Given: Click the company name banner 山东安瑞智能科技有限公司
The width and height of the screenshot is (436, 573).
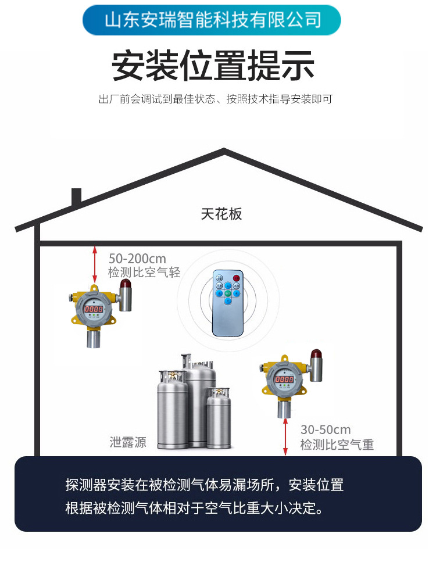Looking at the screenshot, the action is pos(212,20).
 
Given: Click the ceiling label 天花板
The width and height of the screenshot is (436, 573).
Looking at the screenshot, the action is pos(221,214).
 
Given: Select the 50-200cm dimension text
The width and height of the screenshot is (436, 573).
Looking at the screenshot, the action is pos(137,259).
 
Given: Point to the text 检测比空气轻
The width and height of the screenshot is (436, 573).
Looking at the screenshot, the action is pos(144,273).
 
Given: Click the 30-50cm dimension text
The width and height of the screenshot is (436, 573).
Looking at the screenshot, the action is pos(326,430).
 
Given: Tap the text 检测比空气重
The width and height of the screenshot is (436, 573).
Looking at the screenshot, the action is pos(337,445).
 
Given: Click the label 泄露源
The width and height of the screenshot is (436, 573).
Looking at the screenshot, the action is pos(128,442).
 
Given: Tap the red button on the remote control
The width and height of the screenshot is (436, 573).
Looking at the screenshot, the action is pos(237,278).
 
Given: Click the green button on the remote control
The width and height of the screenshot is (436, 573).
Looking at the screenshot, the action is pos(228,293).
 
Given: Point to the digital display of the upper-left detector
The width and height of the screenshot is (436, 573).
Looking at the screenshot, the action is pos(93,310).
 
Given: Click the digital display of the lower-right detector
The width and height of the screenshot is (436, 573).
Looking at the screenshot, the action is pos(284,379).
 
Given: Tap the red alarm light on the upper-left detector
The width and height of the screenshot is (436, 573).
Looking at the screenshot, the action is pos(125,284).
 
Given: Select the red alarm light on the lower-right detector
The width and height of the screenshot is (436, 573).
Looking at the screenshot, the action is pos(316,353).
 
